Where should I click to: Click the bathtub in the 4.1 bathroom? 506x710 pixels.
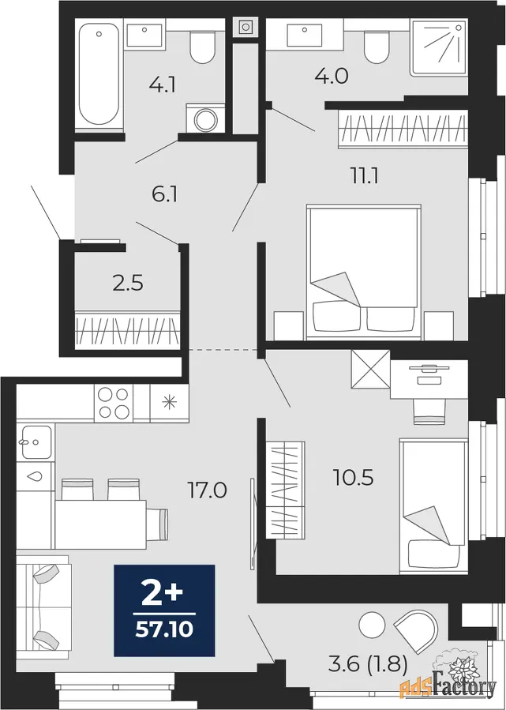99,74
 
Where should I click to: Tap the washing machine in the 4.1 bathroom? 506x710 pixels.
205,118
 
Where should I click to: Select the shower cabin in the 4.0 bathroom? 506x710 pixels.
439,47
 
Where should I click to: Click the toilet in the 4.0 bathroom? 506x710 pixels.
377,47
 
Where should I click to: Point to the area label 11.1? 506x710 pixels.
365,175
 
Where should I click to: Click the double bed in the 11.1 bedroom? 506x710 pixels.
364,272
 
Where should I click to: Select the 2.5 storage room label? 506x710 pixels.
128,284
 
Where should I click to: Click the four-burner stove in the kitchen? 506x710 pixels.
114,403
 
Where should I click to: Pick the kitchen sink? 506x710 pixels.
36,442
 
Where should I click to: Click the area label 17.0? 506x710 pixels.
207,490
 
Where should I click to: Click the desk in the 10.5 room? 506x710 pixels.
429,379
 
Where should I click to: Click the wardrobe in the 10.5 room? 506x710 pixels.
285,490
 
